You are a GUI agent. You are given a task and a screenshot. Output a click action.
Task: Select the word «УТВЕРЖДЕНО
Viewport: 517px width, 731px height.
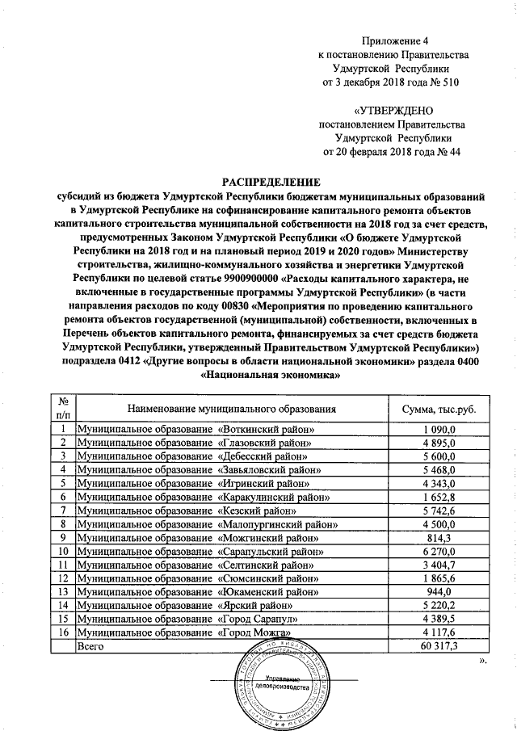click(393, 110)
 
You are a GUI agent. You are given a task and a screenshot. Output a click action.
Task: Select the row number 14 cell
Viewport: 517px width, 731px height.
click(61, 606)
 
